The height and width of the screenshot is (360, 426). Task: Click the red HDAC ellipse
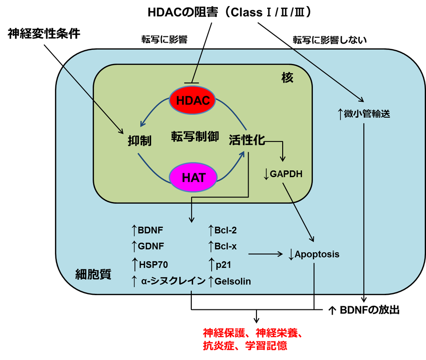pos(193,100)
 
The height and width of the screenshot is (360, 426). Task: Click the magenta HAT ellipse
pos(193,178)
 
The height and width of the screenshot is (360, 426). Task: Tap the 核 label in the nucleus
pos(288,78)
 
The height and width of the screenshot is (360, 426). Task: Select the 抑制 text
pos(139,141)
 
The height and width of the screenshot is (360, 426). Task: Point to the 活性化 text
pos(247,140)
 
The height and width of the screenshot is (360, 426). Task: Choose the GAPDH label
pos(286,174)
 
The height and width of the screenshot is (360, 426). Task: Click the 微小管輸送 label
pos(367,114)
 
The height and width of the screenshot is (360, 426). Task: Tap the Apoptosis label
pos(317,254)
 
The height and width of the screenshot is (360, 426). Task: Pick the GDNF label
pos(150,246)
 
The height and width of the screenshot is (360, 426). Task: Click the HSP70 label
pos(153,265)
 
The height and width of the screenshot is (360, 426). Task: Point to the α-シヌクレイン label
pos(173,281)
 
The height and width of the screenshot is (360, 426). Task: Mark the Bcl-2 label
pos(225,230)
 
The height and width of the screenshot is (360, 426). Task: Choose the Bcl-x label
pos(225,246)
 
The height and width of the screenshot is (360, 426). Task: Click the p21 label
pos(223,265)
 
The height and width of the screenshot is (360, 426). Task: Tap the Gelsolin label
pos(233,281)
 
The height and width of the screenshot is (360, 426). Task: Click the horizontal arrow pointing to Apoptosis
pos(265,254)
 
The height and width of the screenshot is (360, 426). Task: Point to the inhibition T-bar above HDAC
pos(192,83)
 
